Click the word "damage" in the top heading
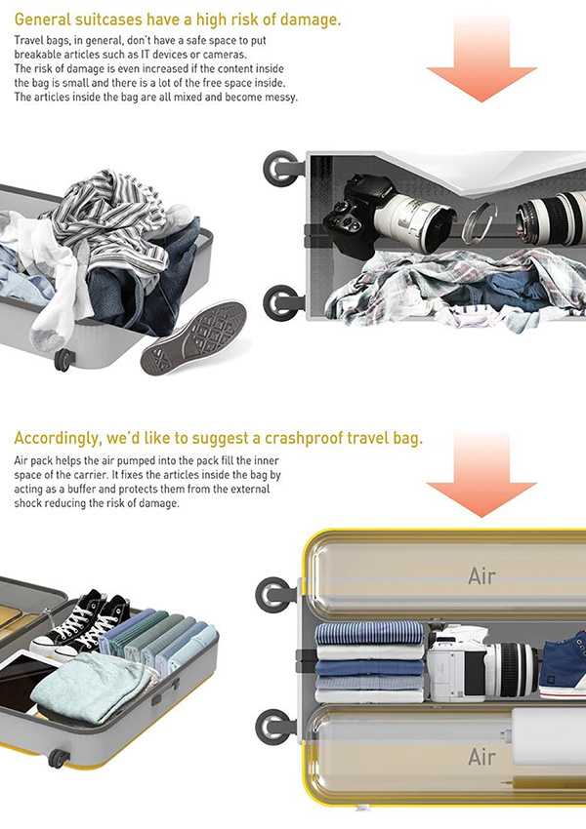click(x=311, y=20)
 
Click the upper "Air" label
click(x=481, y=575)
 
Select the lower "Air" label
click(x=481, y=757)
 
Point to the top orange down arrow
click(x=481, y=59)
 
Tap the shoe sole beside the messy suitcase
click(x=194, y=337)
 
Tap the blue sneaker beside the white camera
click(x=564, y=663)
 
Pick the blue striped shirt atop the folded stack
click(x=370, y=633)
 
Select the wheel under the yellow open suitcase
click(x=59, y=758)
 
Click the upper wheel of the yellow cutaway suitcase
click(x=274, y=595)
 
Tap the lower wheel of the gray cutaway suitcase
click(x=281, y=303)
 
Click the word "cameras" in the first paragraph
click(x=229, y=55)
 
